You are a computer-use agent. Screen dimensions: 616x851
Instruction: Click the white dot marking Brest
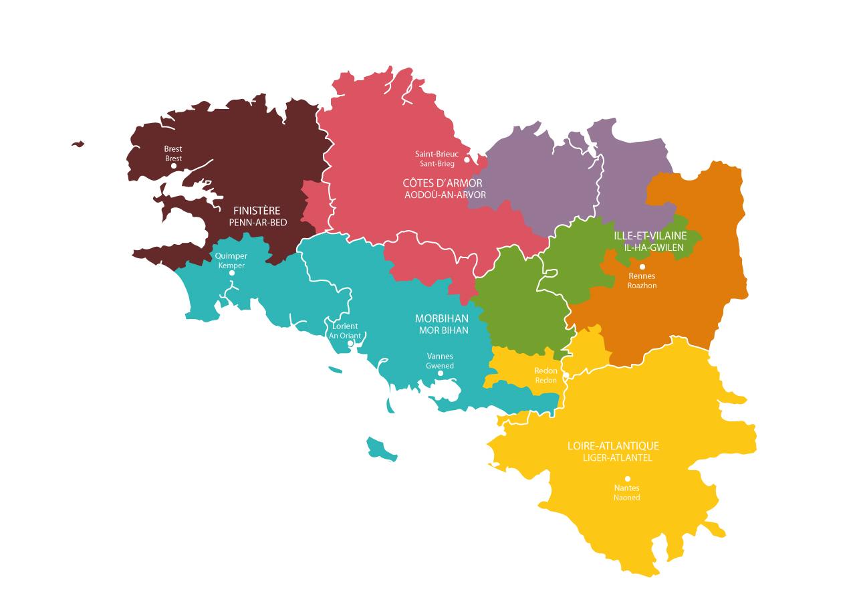tap(174, 166)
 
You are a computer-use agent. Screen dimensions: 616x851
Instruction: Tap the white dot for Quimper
tap(232, 273)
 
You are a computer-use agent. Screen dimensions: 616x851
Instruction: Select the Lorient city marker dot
tap(351, 343)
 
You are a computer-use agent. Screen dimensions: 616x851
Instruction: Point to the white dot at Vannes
tap(441, 373)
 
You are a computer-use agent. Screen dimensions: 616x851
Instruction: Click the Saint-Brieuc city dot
tap(467, 159)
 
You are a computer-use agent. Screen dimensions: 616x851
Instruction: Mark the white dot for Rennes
tap(642, 267)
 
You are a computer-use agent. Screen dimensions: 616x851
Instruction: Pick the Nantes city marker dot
tap(627, 479)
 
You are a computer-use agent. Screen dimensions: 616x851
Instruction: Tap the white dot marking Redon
tap(566, 376)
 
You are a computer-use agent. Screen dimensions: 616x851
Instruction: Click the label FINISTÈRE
tap(257, 210)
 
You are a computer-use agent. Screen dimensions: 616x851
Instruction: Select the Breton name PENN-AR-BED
tap(257, 222)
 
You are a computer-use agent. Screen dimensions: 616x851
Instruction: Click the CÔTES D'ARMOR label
tap(443, 183)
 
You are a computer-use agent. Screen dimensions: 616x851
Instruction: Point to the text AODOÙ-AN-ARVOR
tap(445, 195)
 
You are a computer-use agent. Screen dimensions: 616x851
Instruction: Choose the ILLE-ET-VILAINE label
tap(650, 235)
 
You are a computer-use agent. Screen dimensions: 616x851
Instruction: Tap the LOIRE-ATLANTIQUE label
tap(613, 445)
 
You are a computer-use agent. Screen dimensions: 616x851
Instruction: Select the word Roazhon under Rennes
tap(642, 286)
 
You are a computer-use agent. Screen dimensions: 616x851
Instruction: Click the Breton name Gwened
tap(440, 366)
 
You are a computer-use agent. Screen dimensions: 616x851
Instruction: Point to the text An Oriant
tap(345, 336)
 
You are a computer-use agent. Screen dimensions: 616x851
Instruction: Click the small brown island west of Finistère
tap(78, 143)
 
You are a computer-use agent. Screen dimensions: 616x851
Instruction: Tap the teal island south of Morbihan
tap(380, 448)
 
